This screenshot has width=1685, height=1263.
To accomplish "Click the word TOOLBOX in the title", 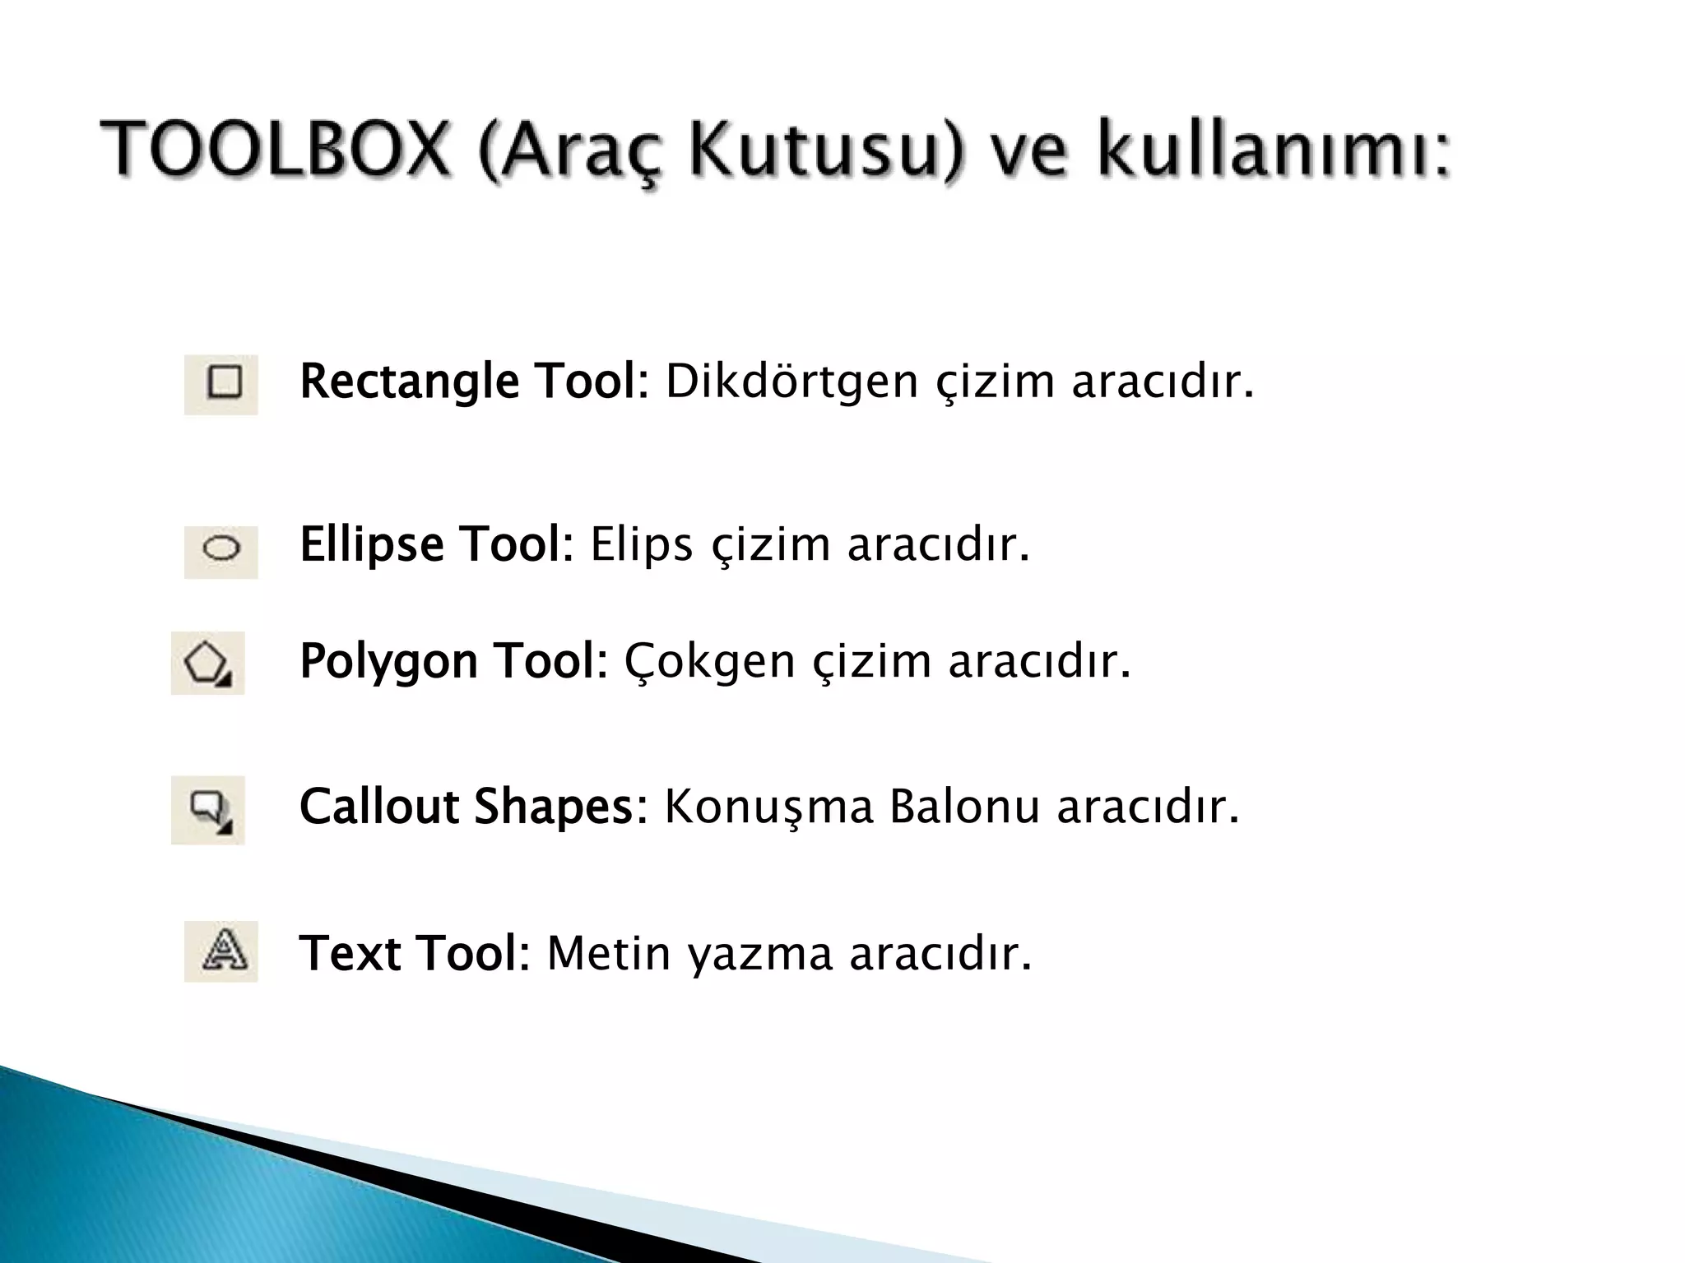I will (276, 150).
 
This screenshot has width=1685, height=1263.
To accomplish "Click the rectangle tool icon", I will (221, 383).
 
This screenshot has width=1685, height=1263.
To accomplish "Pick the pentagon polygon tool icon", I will (207, 663).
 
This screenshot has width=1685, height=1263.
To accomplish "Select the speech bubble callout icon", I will (207, 809).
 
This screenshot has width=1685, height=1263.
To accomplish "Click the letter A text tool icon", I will (221, 951).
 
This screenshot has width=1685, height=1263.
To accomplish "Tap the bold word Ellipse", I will (372, 544).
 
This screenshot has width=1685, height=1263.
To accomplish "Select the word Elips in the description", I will (642, 544).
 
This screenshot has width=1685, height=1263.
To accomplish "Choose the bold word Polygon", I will (388, 661).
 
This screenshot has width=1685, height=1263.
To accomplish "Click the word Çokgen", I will (709, 661).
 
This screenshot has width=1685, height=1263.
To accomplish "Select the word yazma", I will (760, 954).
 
